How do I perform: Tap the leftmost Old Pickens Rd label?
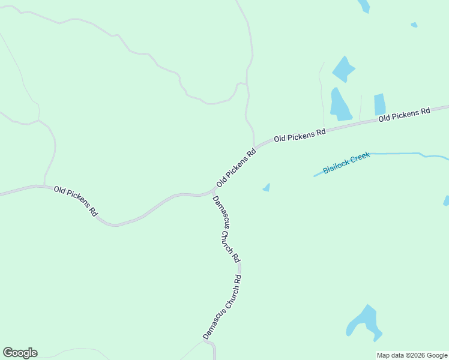(76, 201)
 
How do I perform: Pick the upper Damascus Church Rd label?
(226, 229)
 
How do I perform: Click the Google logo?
(20, 353)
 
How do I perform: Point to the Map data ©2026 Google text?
(412, 355)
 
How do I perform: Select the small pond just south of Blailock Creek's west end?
(267, 188)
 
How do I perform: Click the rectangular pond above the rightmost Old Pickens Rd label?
(379, 104)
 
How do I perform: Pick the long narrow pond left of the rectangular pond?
(340, 105)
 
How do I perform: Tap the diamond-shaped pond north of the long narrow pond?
(343, 69)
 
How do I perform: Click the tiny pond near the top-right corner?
(414, 25)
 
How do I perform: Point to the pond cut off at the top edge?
(364, 5)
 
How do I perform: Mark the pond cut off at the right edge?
(446, 200)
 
